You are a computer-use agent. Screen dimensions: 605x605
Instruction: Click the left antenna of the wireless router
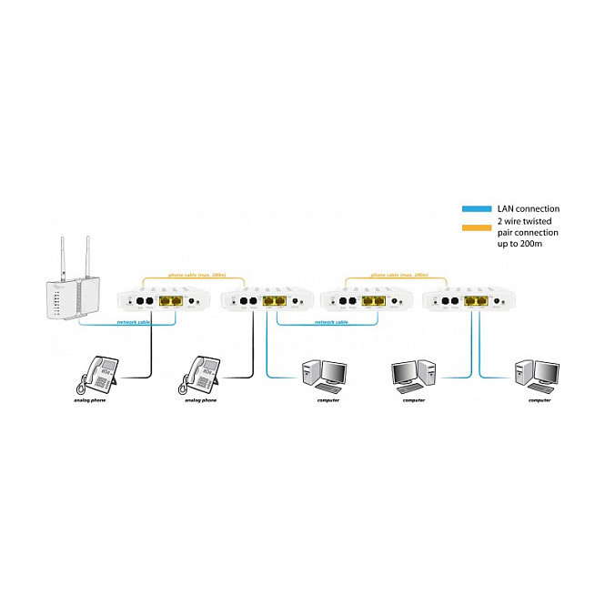(67, 258)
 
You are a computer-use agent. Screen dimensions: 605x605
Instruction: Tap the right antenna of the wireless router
(88, 258)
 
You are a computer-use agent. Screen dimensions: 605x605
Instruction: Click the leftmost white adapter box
(165, 300)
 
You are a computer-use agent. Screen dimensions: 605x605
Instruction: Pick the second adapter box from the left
(267, 300)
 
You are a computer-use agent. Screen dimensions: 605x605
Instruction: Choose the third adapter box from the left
(368, 300)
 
